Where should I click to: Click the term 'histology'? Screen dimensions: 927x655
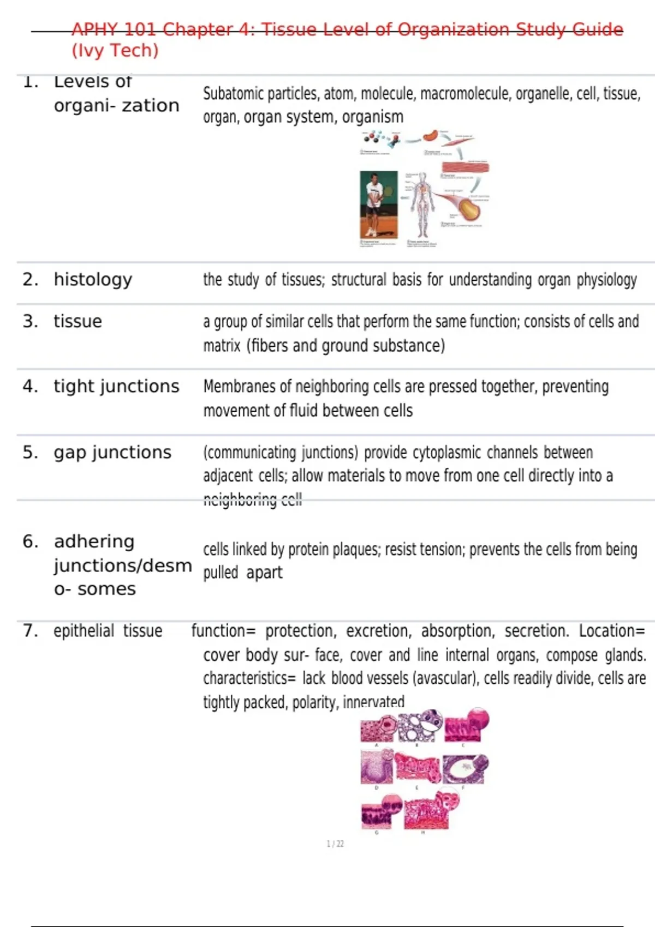(x=93, y=280)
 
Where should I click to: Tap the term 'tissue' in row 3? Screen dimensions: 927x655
(x=78, y=321)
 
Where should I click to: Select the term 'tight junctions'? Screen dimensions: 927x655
(x=116, y=387)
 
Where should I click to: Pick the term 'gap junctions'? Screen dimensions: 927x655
(x=112, y=453)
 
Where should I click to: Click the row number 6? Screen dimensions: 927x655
(x=30, y=541)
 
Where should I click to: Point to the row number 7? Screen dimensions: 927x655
(x=30, y=631)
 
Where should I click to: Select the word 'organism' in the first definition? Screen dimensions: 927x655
(x=380, y=117)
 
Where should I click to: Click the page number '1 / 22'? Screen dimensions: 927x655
(x=335, y=844)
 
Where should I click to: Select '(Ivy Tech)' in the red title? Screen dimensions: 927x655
(x=115, y=51)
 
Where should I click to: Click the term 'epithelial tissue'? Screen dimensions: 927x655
(x=108, y=631)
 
